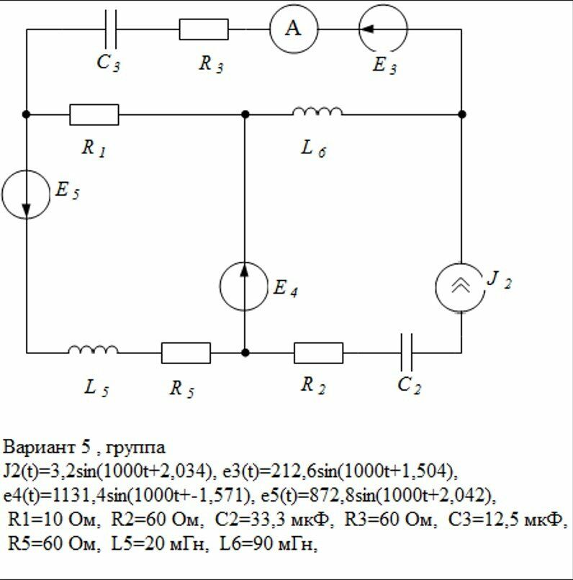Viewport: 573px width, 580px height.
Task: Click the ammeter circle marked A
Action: tap(293, 30)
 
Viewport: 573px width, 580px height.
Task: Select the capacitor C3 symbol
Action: tap(111, 30)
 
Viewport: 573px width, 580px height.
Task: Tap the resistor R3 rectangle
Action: tap(204, 30)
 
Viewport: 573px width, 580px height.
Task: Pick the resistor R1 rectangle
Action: tap(94, 114)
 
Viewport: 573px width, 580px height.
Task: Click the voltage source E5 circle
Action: tap(27, 194)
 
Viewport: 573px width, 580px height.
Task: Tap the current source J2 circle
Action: tap(461, 286)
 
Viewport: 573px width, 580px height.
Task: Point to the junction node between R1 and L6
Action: tap(245, 114)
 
